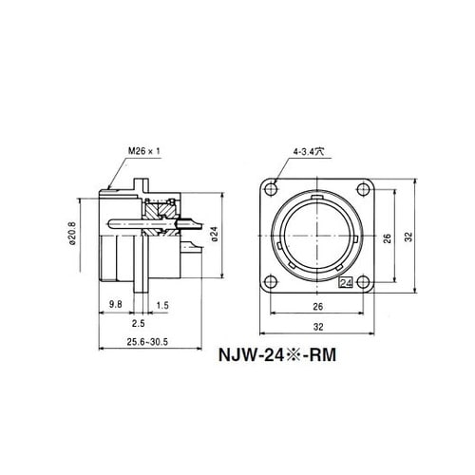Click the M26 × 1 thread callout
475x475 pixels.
(144, 151)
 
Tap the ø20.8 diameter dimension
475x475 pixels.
(72, 234)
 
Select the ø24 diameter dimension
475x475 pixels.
(215, 234)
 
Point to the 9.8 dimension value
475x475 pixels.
(115, 304)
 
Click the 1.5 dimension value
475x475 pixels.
(162, 305)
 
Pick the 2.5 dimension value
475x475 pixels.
(139, 323)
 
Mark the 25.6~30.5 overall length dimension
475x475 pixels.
(147, 342)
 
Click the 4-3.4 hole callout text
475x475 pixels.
(309, 152)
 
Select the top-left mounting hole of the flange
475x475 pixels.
(271, 190)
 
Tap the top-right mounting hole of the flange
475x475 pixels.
(363, 190)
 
